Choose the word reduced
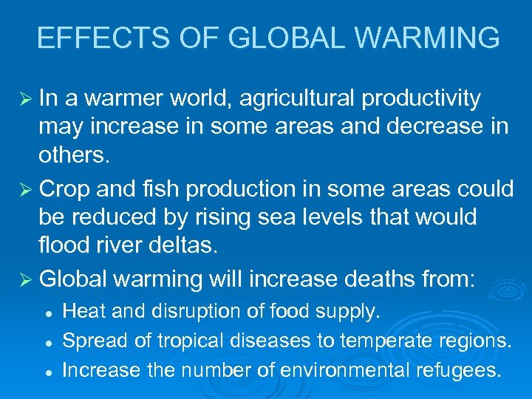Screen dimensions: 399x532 (x=111, y=217)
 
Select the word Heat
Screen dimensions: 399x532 (x=84, y=312)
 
